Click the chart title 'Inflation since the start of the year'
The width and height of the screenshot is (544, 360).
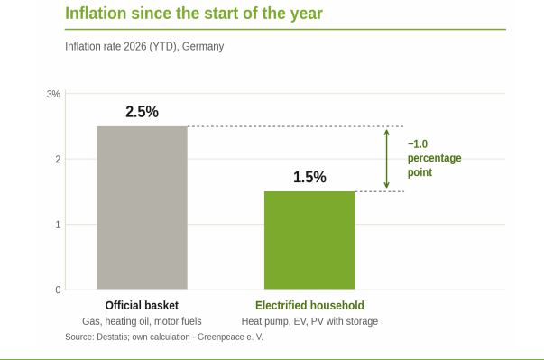click(194, 14)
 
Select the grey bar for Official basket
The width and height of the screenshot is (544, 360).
click(142, 208)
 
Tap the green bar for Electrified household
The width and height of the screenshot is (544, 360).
click(309, 240)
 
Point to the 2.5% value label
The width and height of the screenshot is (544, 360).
click(142, 112)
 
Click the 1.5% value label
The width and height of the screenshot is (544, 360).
click(309, 177)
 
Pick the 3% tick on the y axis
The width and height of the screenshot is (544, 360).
click(53, 94)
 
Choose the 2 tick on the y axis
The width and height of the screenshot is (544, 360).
click(58, 159)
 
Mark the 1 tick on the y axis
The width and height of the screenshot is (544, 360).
click(58, 225)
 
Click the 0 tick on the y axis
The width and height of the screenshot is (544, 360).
click(58, 290)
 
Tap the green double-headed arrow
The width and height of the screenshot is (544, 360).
click(386, 159)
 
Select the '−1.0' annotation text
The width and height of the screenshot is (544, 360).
click(418, 143)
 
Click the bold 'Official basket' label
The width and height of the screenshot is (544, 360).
click(142, 305)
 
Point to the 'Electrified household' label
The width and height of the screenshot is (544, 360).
click(309, 305)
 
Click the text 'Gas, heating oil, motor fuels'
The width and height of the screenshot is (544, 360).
click(142, 321)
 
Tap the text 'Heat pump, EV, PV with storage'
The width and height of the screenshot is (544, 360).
click(309, 321)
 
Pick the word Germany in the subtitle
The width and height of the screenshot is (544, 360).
click(203, 46)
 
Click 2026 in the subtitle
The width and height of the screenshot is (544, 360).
click(135, 46)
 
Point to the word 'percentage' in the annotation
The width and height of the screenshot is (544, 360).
click(434, 158)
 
